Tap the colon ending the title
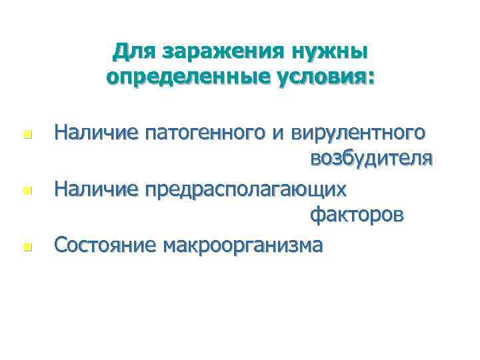371,79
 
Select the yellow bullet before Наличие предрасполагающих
26,191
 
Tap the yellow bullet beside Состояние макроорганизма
26,247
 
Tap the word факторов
356,217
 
